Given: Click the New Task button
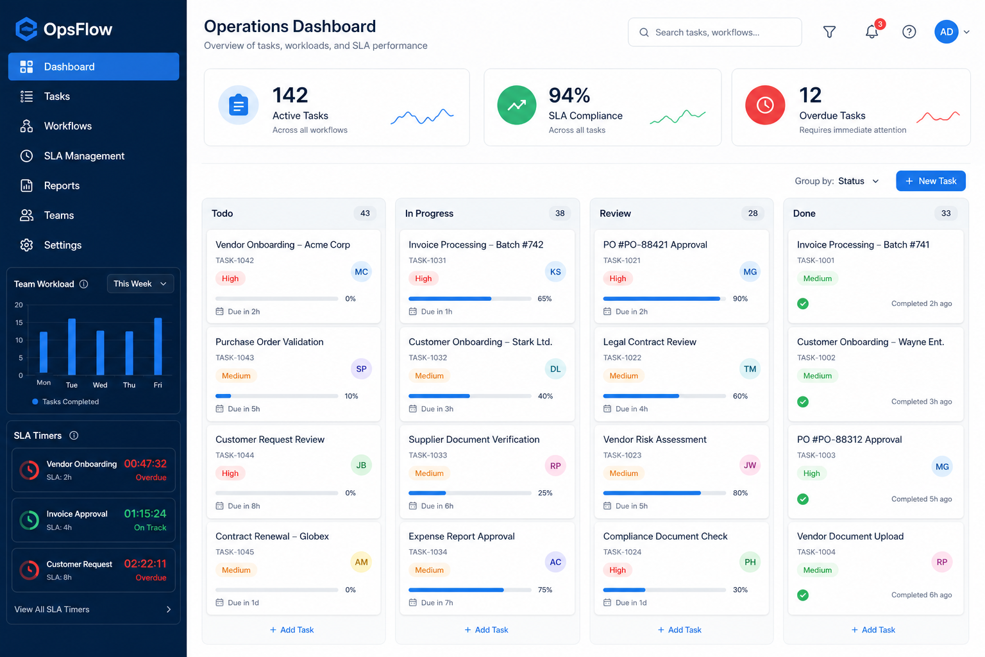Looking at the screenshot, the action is click(x=930, y=181).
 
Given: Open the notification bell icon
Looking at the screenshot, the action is click(x=871, y=31).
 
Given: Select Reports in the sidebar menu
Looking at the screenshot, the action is click(x=62, y=185).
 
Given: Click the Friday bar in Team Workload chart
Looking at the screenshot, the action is click(x=158, y=346).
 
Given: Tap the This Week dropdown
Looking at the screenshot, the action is click(x=140, y=284).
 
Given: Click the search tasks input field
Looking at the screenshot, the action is click(x=714, y=32).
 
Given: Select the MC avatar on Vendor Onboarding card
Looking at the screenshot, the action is click(x=361, y=271).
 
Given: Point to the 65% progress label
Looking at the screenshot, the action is click(x=544, y=298).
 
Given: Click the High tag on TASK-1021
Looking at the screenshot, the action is click(x=618, y=278).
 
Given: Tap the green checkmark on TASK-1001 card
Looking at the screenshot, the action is click(x=802, y=303).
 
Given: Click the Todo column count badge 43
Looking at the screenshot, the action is click(x=364, y=213).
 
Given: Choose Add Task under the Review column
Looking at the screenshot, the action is click(x=679, y=629).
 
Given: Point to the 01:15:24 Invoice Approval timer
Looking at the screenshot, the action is click(x=145, y=513).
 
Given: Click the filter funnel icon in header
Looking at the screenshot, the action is click(x=829, y=31).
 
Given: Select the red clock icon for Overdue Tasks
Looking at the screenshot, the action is click(x=764, y=105).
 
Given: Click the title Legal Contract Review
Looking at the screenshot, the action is click(x=650, y=342).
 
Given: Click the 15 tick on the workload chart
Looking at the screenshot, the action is click(x=19, y=323).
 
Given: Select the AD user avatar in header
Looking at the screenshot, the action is click(x=947, y=31).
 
